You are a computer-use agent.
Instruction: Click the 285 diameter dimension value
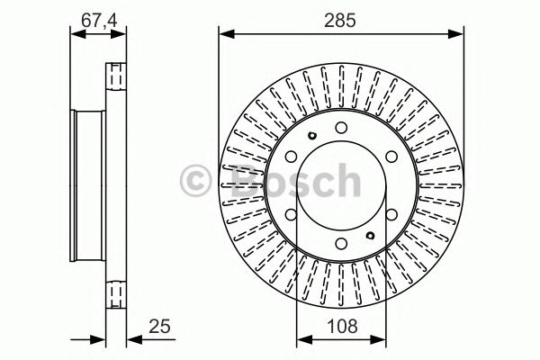341,17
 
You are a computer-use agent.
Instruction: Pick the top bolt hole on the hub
341,129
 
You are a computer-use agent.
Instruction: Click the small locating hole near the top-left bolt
309,137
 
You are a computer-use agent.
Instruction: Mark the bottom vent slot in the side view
116,290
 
